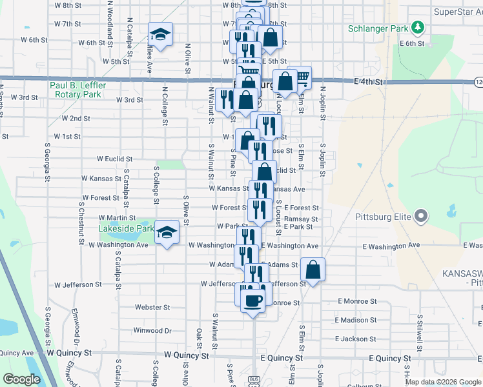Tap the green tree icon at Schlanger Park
418,27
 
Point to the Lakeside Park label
126,228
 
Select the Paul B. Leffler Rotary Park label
76,90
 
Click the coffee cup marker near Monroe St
252,301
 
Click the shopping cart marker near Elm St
300,78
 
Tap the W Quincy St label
187,355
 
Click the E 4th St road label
369,83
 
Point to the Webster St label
152,308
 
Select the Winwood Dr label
152,331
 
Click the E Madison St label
356,320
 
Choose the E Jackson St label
355,339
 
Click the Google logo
21,379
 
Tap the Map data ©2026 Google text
442,382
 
